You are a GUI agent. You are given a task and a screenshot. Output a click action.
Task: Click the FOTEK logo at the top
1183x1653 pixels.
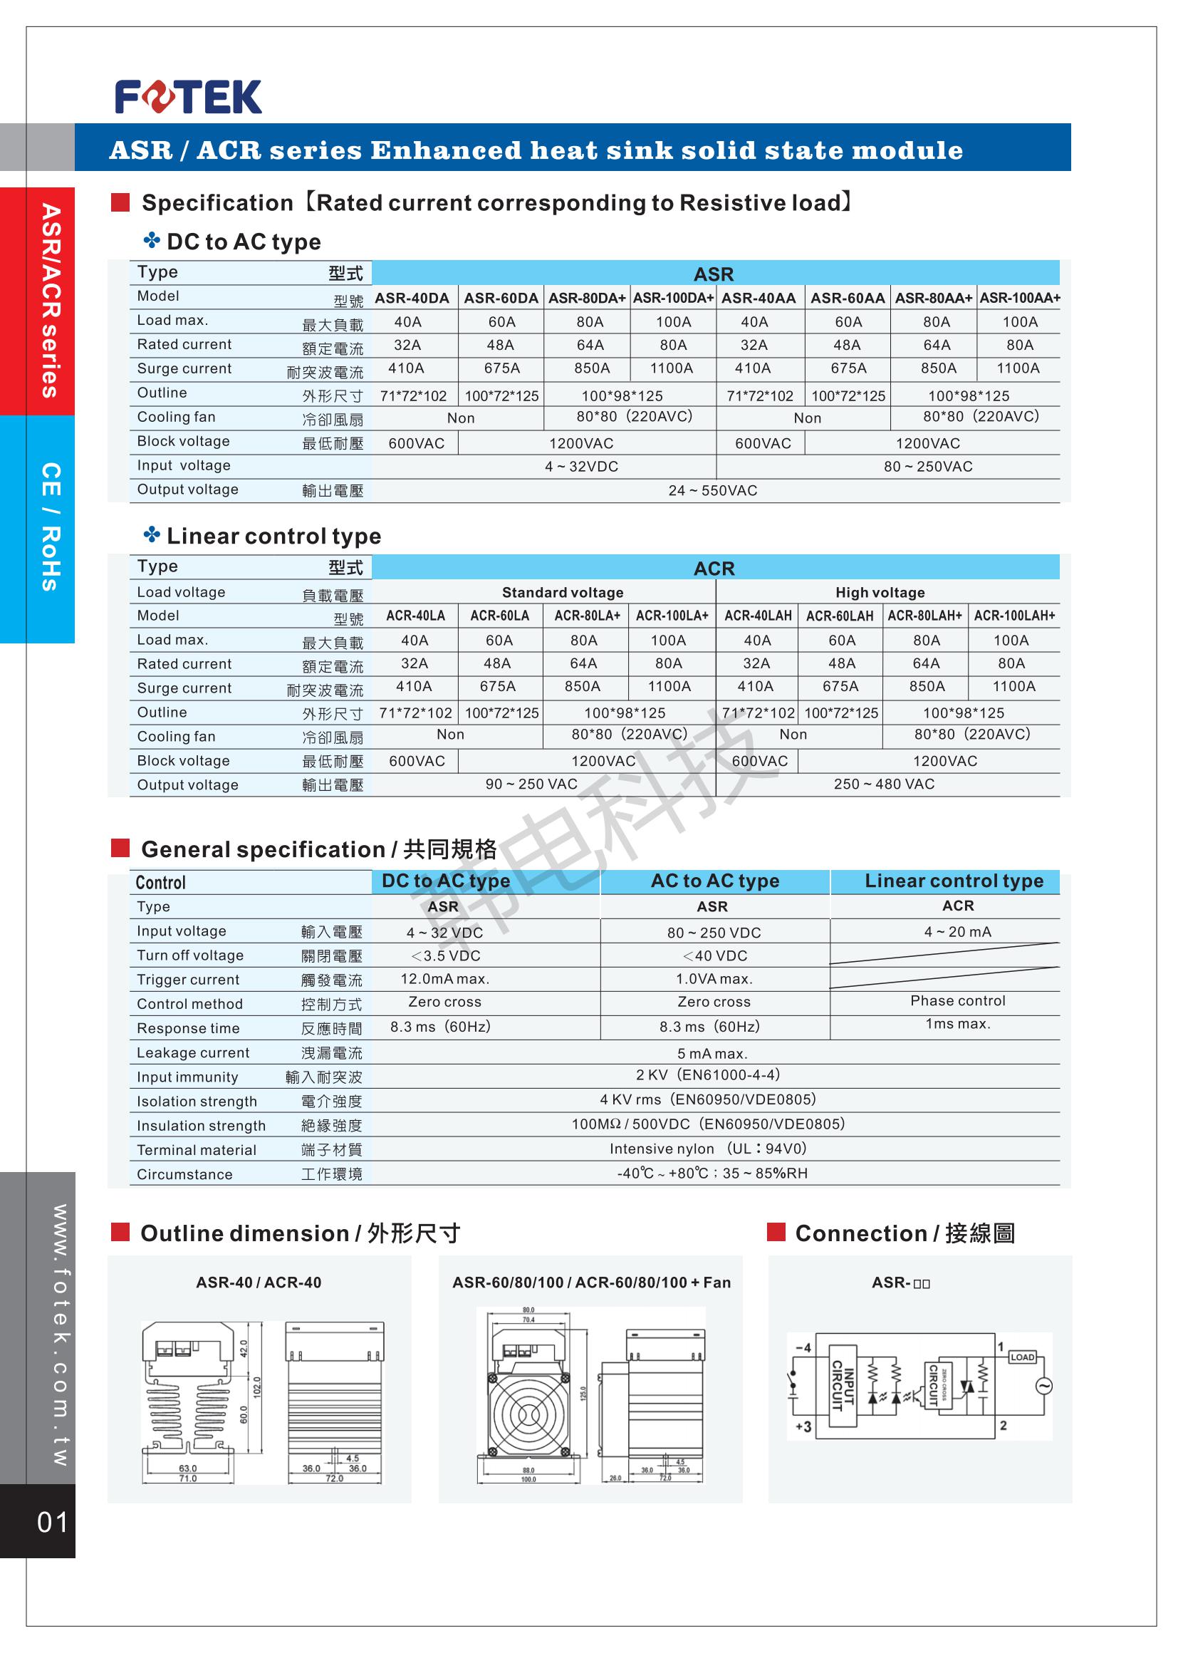coord(188,97)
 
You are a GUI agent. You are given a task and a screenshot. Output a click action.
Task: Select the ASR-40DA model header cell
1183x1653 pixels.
coord(412,298)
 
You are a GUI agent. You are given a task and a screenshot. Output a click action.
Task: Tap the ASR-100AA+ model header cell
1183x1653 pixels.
coord(1020,298)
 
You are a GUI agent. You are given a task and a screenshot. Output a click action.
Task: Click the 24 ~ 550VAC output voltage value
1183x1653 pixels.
coord(712,491)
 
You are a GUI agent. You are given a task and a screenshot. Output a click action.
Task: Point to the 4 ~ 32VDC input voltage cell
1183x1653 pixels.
coord(581,467)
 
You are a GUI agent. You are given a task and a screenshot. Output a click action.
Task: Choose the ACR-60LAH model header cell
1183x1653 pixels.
coord(840,616)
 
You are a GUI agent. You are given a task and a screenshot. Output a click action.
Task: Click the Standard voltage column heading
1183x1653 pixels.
coord(563,593)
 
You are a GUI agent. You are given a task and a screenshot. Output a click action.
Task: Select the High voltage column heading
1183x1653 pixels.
coord(880,593)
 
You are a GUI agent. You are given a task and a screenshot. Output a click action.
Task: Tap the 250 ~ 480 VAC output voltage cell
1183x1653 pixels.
coord(884,784)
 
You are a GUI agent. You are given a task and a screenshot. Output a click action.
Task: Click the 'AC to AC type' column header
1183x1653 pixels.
coord(714,881)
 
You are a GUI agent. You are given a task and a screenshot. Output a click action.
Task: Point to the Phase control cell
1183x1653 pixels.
coord(957,1001)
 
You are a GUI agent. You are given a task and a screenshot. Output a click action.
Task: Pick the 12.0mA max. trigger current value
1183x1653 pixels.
coord(445,979)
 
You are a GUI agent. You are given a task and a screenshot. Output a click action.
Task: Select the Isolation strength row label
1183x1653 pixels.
coord(197,1102)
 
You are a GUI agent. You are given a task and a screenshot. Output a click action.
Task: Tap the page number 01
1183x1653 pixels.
coord(52,1522)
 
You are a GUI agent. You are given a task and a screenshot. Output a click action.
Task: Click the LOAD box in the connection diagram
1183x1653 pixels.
coord(1022,1357)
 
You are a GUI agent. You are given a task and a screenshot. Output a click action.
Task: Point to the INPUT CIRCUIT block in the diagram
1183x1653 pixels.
coord(843,1385)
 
